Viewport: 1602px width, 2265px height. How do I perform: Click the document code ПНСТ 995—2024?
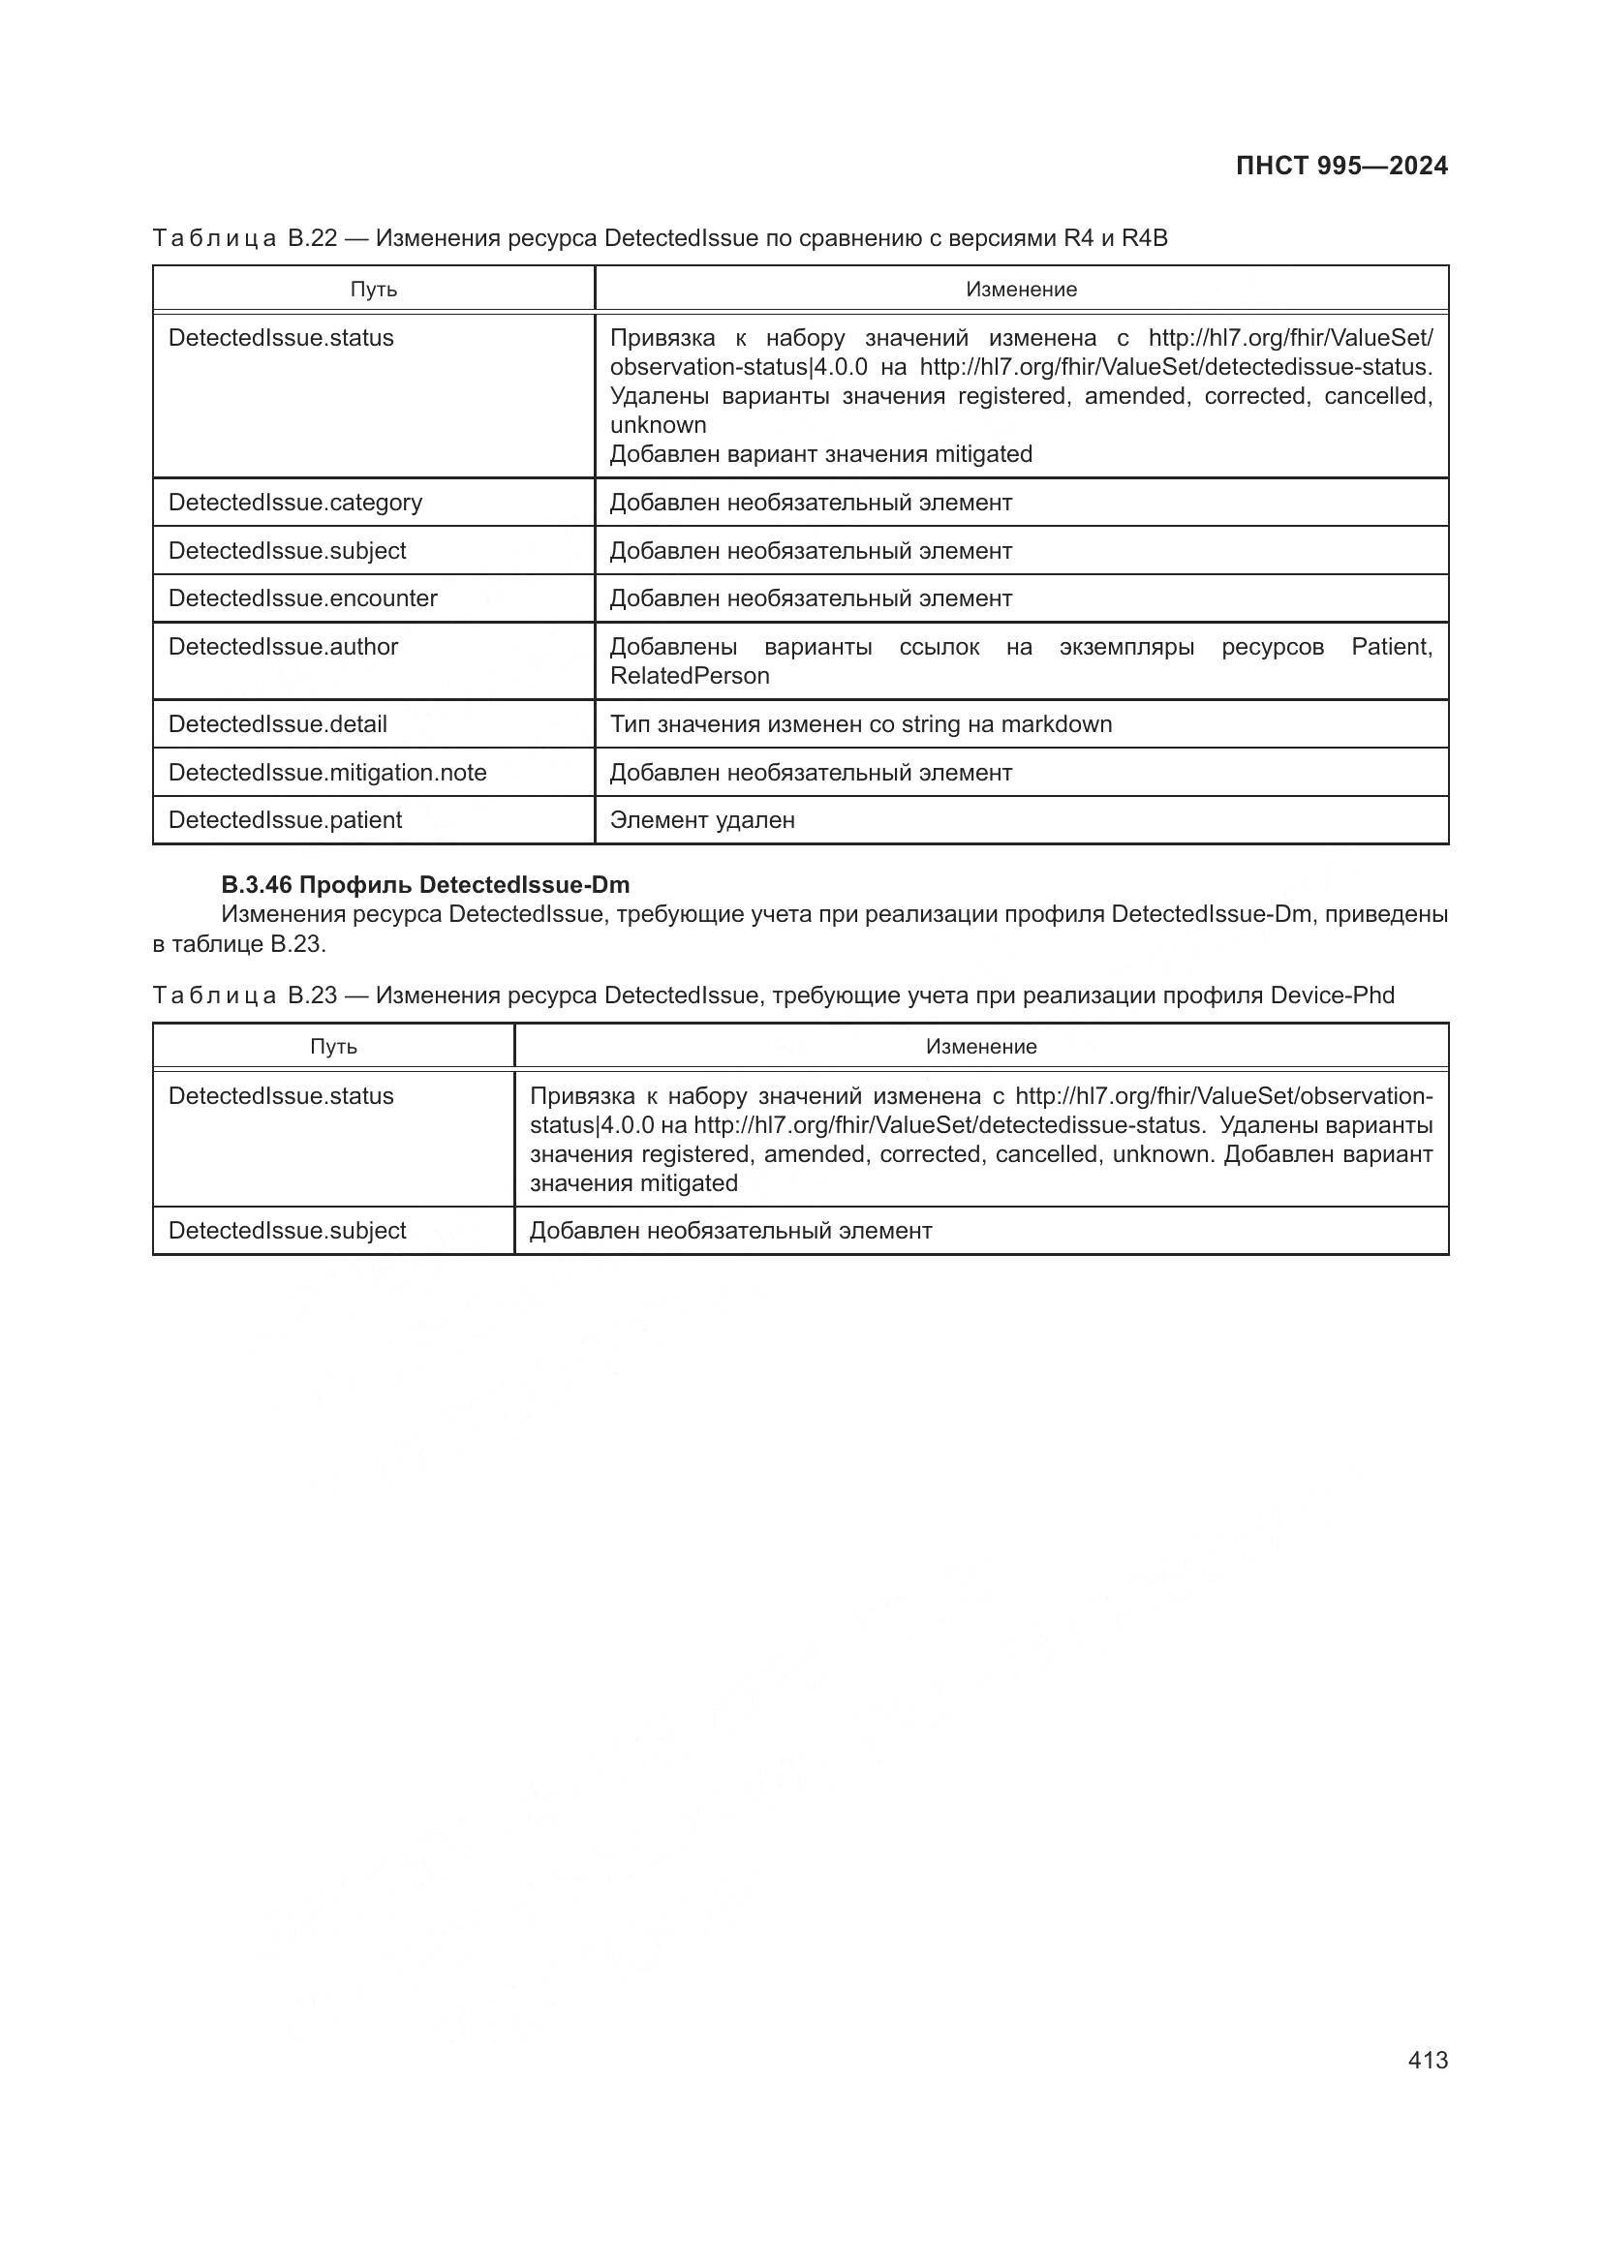click(x=1340, y=166)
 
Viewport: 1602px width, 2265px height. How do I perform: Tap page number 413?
click(x=1428, y=2060)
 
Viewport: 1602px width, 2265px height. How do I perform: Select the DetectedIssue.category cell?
click(x=295, y=503)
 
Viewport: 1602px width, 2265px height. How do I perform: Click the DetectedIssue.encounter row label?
click(x=302, y=597)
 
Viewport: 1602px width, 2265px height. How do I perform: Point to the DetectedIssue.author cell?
click(x=283, y=646)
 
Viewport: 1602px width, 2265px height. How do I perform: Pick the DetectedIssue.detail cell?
click(x=277, y=724)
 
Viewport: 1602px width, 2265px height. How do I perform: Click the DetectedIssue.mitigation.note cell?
click(x=327, y=773)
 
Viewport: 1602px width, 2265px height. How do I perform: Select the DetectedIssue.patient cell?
click(x=285, y=820)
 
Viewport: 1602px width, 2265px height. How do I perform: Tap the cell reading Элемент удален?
click(x=701, y=820)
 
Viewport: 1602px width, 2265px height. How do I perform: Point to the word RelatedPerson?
click(x=689, y=676)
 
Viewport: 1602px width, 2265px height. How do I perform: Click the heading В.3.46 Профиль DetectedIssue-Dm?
click(x=424, y=884)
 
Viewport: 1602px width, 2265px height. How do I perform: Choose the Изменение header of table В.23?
click(x=980, y=1047)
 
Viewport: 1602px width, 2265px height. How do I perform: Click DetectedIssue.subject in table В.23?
click(x=287, y=1230)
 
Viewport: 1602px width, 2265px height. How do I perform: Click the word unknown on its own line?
click(x=658, y=425)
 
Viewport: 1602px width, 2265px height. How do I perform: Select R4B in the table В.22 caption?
click(x=1144, y=238)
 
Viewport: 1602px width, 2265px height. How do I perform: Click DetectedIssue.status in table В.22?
click(x=280, y=337)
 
